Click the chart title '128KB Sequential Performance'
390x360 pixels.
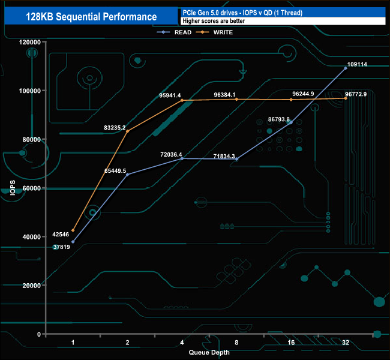(x=92, y=17)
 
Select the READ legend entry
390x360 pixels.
(x=182, y=32)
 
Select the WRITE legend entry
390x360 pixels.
(x=223, y=32)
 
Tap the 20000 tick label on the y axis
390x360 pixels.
(x=31, y=286)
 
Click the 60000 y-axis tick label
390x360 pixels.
(x=31, y=188)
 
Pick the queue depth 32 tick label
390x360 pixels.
(x=345, y=342)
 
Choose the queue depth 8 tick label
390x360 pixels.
(x=236, y=342)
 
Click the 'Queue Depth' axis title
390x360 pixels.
(x=209, y=353)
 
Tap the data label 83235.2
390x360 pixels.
(x=114, y=127)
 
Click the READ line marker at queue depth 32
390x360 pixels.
(x=346, y=68)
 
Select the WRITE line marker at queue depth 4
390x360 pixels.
(x=182, y=101)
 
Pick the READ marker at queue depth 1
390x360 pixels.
(x=73, y=242)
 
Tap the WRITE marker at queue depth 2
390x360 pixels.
(x=127, y=131)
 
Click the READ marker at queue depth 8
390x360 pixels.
(x=236, y=159)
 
